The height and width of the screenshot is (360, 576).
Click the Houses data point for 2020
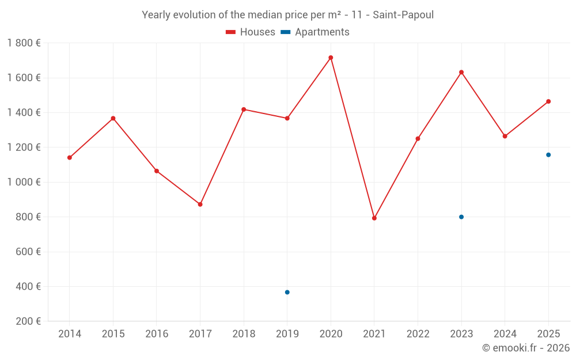coord(331,58)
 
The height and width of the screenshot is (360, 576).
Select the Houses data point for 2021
coord(374,218)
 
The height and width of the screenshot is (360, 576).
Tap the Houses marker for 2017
coord(200,204)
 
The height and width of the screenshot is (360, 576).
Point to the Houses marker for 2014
coord(70,158)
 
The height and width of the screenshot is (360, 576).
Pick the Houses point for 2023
coord(461,72)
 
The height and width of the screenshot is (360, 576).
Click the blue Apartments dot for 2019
coord(287,292)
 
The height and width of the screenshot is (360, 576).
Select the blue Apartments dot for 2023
coord(461,217)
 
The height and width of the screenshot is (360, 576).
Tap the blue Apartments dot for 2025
coord(548,155)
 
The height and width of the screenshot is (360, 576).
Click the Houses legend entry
coord(251,32)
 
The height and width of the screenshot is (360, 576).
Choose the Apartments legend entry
coord(315,32)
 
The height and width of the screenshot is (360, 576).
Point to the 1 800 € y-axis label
coord(24,43)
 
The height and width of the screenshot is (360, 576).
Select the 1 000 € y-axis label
coord(24,182)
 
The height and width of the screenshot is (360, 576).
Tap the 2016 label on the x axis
coord(157,334)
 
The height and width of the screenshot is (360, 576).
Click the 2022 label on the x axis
coord(418,334)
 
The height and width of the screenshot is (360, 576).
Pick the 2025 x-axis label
coord(548,334)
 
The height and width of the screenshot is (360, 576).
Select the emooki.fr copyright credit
coord(525,348)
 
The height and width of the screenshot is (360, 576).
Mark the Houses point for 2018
coord(244,109)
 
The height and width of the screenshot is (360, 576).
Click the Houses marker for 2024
coord(505,137)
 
